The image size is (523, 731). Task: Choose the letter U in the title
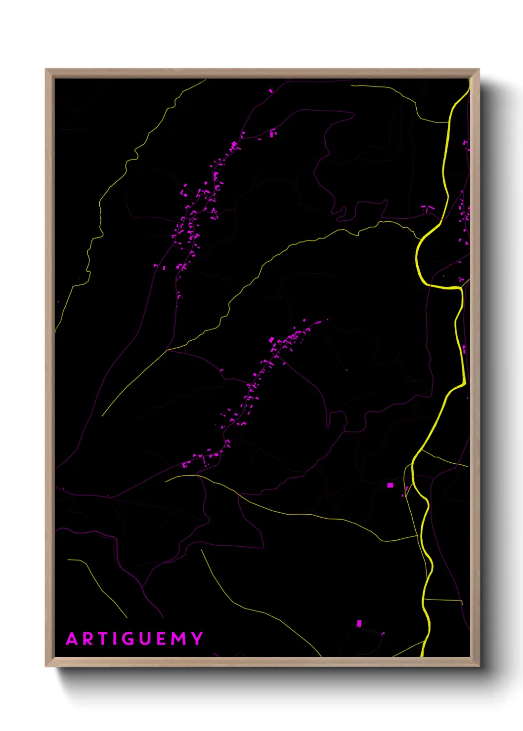click(x=146, y=639)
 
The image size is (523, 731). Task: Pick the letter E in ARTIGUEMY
click(x=163, y=639)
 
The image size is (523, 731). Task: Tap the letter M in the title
click(x=179, y=639)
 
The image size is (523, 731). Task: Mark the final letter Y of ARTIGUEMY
click(x=197, y=639)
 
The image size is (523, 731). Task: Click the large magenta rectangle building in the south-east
click(x=390, y=486)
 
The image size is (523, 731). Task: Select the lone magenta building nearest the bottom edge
click(x=359, y=623)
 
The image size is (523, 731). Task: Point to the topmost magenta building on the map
click(x=270, y=91)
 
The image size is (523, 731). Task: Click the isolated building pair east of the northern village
click(x=272, y=133)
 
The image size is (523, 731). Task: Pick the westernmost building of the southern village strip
click(x=185, y=465)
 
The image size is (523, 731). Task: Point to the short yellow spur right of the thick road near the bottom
click(x=443, y=600)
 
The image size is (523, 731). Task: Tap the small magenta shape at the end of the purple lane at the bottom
click(x=383, y=633)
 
